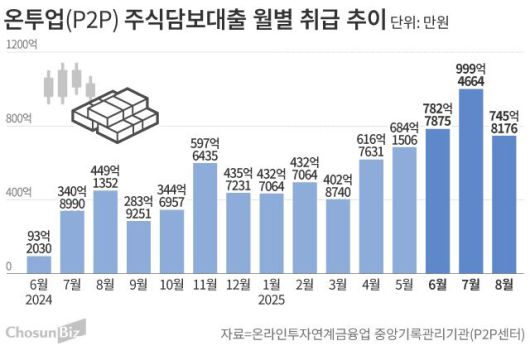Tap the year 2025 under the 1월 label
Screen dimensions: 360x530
click(x=272, y=297)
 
